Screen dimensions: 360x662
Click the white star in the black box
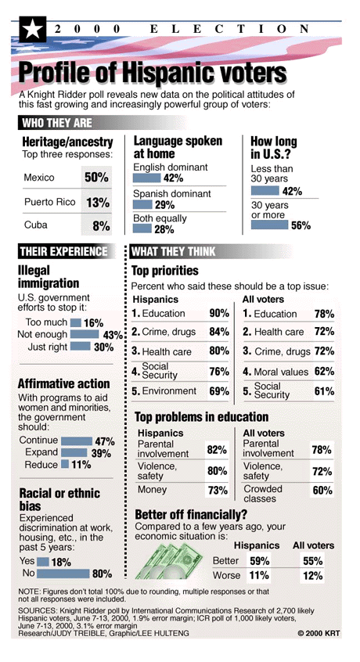[x=32, y=30]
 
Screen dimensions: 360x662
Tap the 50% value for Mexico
[x=96, y=177]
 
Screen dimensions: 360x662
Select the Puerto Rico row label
[x=49, y=202]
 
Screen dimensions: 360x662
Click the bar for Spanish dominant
[x=142, y=205]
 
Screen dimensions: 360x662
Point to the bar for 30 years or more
[x=269, y=225]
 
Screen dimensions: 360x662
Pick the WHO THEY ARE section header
[x=57, y=124]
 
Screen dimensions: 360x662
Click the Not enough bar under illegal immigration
[x=85, y=334]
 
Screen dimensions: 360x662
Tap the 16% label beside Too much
[x=93, y=323]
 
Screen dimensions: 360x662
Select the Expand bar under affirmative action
[x=74, y=452]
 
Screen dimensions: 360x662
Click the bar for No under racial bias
[x=63, y=574]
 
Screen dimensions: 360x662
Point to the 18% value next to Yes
[x=61, y=563]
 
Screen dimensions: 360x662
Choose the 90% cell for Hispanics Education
[x=219, y=313]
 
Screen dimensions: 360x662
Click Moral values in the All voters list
[x=281, y=372]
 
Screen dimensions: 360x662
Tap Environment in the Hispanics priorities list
[x=169, y=391]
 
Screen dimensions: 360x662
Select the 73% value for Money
[x=218, y=490]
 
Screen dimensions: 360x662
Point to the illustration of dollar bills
[x=169, y=560]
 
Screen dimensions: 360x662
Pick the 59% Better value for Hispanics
[x=260, y=561]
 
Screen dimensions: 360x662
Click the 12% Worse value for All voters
[x=313, y=575]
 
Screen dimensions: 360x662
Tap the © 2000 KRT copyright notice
[x=319, y=633]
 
